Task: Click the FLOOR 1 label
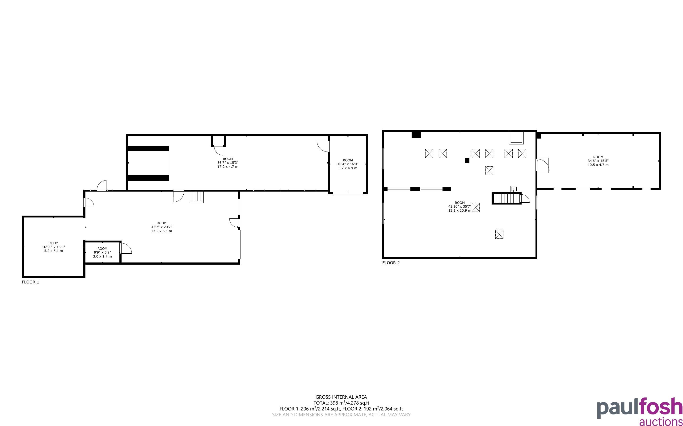(30, 282)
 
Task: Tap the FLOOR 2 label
(391, 263)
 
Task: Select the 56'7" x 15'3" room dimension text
(228, 163)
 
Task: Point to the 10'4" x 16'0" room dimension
(348, 164)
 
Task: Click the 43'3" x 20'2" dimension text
(162, 227)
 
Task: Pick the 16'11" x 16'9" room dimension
(54, 247)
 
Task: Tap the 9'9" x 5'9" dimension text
(102, 252)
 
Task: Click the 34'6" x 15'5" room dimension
(598, 161)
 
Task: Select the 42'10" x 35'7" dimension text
(460, 206)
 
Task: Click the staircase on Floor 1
(196, 197)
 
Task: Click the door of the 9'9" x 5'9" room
(126, 248)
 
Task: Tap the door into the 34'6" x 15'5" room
(542, 165)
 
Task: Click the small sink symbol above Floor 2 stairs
(514, 189)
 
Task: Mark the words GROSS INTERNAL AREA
(341, 397)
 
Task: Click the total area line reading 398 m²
(341, 403)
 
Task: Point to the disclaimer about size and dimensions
(341, 415)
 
